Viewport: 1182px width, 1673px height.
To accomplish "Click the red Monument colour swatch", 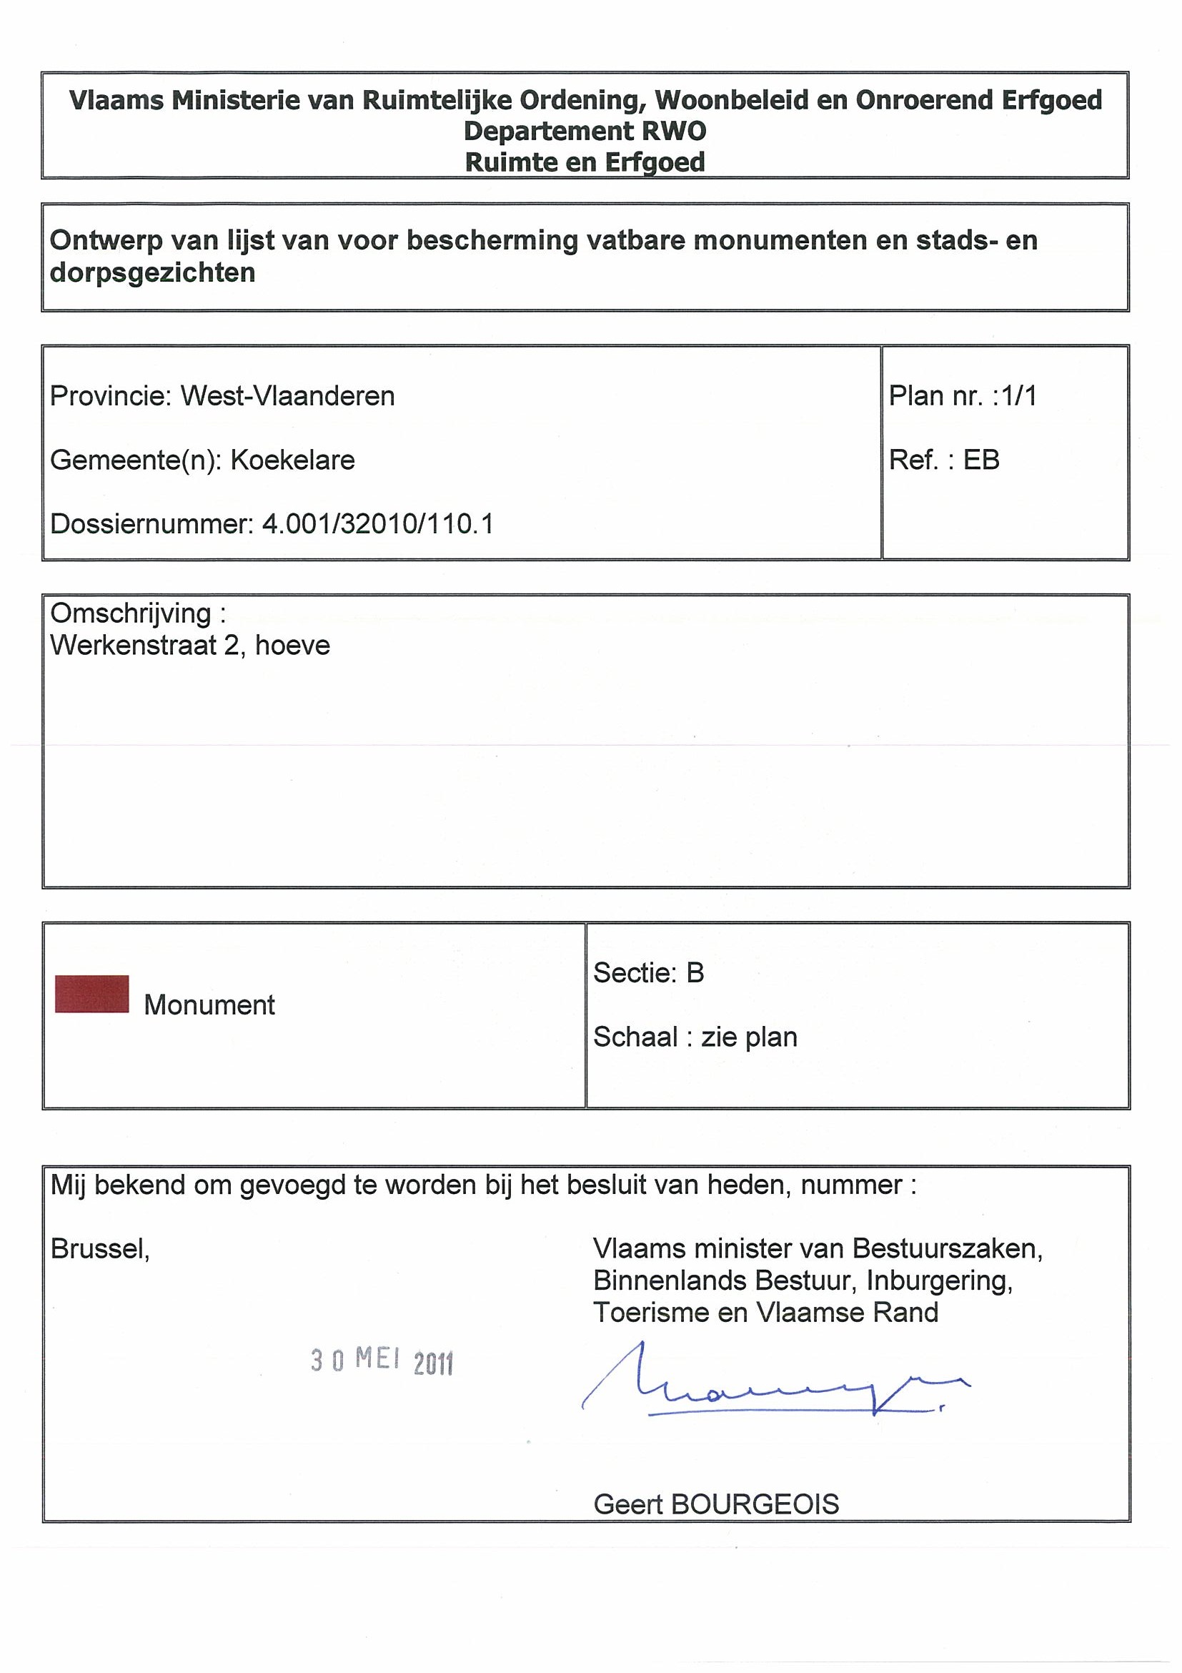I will click(91, 994).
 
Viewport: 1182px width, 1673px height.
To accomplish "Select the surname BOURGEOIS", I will click(755, 1504).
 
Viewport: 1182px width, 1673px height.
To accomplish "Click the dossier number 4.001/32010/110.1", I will click(377, 524).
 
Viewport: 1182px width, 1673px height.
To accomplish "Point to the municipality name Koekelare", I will click(293, 460).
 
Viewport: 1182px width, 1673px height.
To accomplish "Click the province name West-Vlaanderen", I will click(288, 395).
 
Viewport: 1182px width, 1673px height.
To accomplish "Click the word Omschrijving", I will click(131, 613).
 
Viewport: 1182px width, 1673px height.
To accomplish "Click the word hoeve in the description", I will click(293, 646).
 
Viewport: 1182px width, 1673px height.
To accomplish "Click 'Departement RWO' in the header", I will click(585, 131).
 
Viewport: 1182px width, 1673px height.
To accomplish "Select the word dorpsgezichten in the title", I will click(152, 272).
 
